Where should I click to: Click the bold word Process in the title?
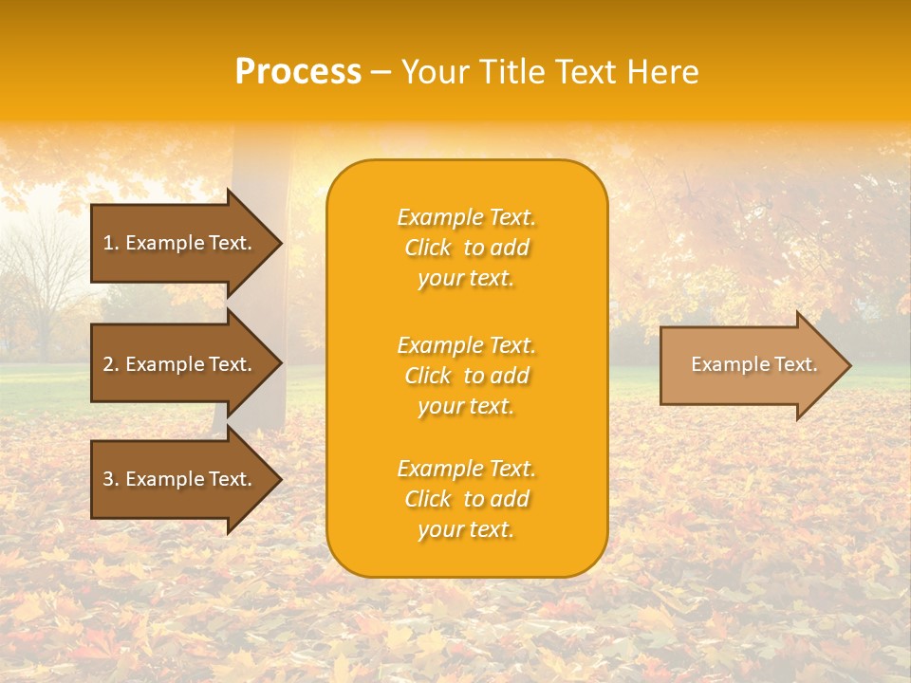pyautogui.click(x=298, y=72)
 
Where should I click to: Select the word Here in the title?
pyautogui.click(x=662, y=72)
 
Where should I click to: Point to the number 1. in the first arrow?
pyautogui.click(x=111, y=243)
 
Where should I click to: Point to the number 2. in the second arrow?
pyautogui.click(x=111, y=364)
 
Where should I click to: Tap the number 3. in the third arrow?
pyautogui.click(x=111, y=479)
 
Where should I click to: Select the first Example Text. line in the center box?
pyautogui.click(x=466, y=217)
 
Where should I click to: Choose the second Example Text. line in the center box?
pyautogui.click(x=466, y=345)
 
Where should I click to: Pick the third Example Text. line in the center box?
pyautogui.click(x=466, y=469)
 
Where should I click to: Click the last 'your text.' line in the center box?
pyautogui.click(x=466, y=529)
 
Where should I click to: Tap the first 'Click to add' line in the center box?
pyautogui.click(x=466, y=248)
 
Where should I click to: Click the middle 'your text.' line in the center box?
pyautogui.click(x=466, y=406)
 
